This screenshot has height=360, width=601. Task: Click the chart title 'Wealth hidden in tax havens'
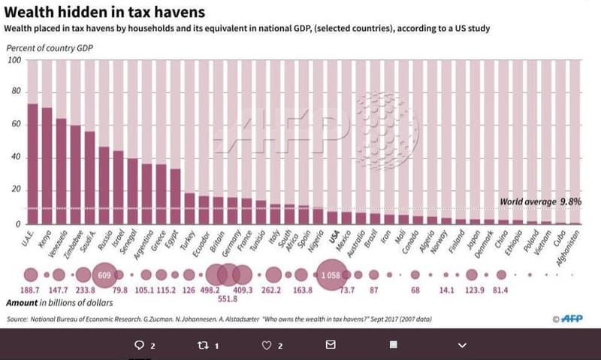tap(105, 12)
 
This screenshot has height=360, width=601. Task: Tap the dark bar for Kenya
tap(47, 166)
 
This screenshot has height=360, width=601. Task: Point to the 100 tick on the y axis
tap(14, 60)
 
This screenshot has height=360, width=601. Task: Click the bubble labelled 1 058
tap(331, 275)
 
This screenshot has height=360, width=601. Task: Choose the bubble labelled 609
tap(104, 275)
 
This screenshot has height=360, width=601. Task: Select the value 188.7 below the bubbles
tap(31, 290)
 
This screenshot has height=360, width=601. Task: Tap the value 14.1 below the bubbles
tap(445, 290)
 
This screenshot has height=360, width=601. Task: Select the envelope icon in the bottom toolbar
tap(331, 345)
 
